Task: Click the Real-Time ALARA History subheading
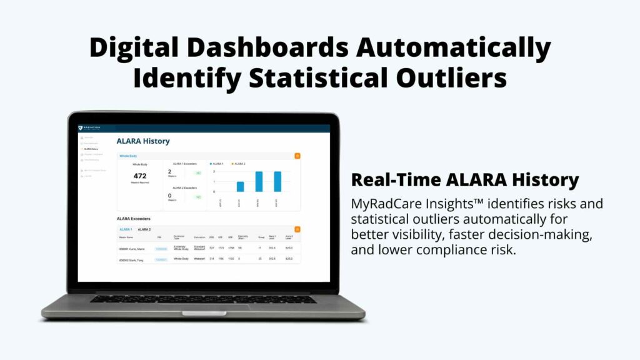click(464, 180)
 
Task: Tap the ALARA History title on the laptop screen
click(143, 141)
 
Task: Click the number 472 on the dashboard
click(140, 176)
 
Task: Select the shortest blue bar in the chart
click(240, 186)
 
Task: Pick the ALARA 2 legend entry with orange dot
click(239, 164)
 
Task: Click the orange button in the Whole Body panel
click(297, 156)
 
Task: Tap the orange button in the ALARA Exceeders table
click(297, 229)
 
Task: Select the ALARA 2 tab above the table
click(144, 229)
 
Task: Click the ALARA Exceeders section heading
click(133, 219)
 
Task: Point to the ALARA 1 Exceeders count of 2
click(169, 171)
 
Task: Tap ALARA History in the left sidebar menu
click(91, 149)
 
